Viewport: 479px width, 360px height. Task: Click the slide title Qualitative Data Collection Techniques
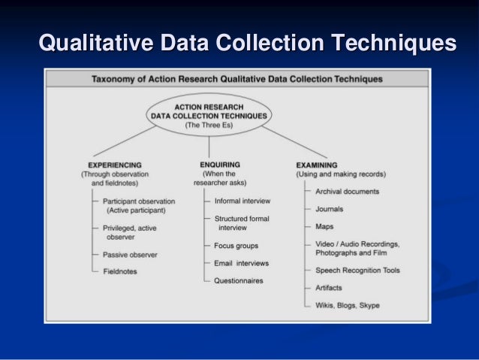pyautogui.click(x=247, y=43)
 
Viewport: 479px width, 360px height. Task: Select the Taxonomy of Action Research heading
pyautogui.click(x=236, y=79)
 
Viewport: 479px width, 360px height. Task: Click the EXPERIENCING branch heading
pyautogui.click(x=115, y=165)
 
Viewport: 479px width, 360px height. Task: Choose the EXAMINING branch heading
pyautogui.click(x=316, y=165)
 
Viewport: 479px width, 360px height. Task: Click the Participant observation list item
pyautogui.click(x=139, y=201)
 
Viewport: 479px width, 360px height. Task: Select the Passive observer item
pyautogui.click(x=131, y=255)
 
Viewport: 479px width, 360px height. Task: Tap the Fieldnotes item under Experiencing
pyautogui.click(x=120, y=272)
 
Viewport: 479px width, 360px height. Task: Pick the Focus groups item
pyautogui.click(x=236, y=246)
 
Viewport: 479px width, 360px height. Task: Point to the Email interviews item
pyautogui.click(x=241, y=264)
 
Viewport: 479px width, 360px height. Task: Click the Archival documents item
pyautogui.click(x=348, y=192)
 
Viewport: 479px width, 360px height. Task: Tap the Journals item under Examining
pyautogui.click(x=330, y=210)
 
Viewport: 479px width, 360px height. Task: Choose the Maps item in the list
pyautogui.click(x=324, y=225)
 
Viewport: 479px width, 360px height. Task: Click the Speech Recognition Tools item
pyautogui.click(x=357, y=270)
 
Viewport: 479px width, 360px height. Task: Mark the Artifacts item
pyautogui.click(x=330, y=288)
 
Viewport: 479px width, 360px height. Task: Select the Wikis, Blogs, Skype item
pyautogui.click(x=347, y=305)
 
